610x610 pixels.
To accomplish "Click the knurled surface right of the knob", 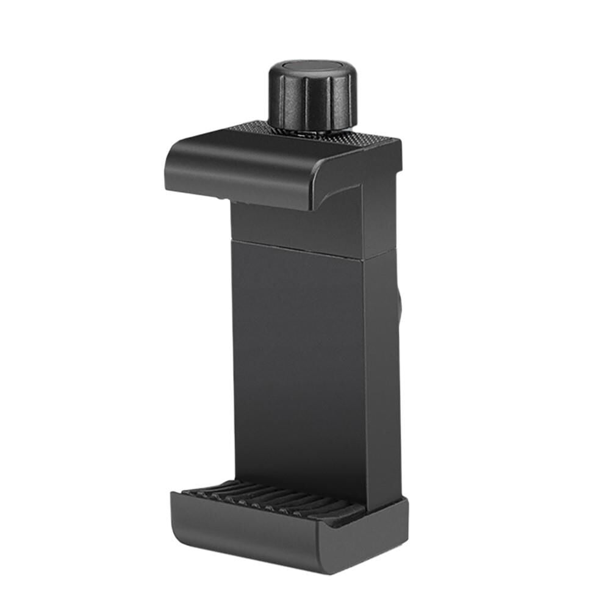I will [x=366, y=138].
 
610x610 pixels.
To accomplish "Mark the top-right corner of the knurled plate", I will [x=399, y=142].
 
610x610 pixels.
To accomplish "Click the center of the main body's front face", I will [x=299, y=366].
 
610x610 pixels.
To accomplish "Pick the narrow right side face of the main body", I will [x=382, y=378].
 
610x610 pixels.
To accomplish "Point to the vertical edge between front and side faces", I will [x=367, y=366].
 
